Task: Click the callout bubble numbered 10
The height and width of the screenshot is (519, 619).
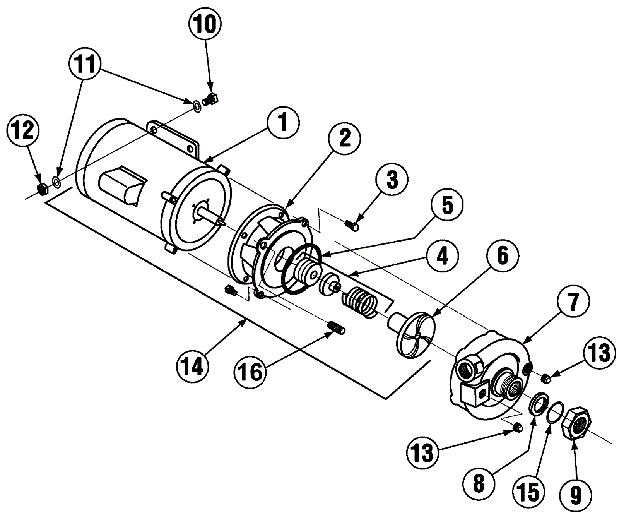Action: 205,25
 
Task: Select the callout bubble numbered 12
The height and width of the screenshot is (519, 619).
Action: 24,132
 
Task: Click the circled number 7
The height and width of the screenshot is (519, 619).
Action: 573,303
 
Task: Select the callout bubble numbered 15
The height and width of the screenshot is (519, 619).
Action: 529,494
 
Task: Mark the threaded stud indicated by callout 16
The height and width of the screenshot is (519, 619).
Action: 337,329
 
